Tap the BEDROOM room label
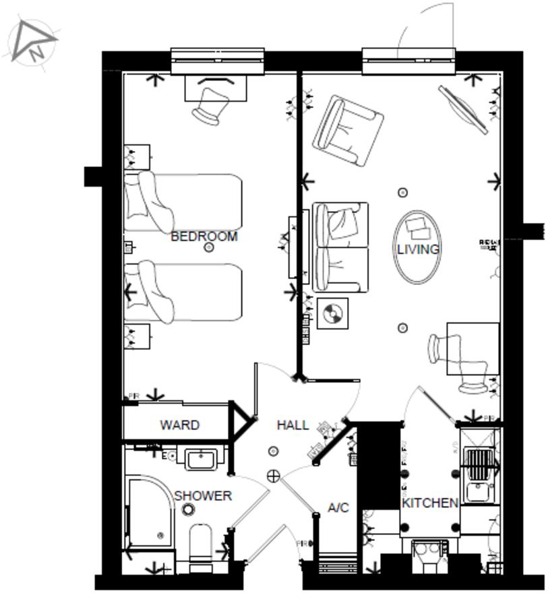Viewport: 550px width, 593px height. [204, 237]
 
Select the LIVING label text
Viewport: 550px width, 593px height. [418, 249]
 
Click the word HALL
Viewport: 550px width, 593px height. [293, 425]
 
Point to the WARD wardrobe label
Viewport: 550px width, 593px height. [179, 425]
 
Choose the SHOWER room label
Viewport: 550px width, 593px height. [203, 496]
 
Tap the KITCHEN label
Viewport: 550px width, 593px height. [430, 503]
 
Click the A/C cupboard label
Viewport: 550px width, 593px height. [338, 507]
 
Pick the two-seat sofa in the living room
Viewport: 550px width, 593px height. [340, 247]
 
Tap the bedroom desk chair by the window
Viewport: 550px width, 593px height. [210, 105]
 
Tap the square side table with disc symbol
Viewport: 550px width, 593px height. [332, 313]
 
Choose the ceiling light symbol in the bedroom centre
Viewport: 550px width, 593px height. [209, 248]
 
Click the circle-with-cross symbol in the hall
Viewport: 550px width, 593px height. [274, 476]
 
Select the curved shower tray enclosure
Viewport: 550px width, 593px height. [152, 512]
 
